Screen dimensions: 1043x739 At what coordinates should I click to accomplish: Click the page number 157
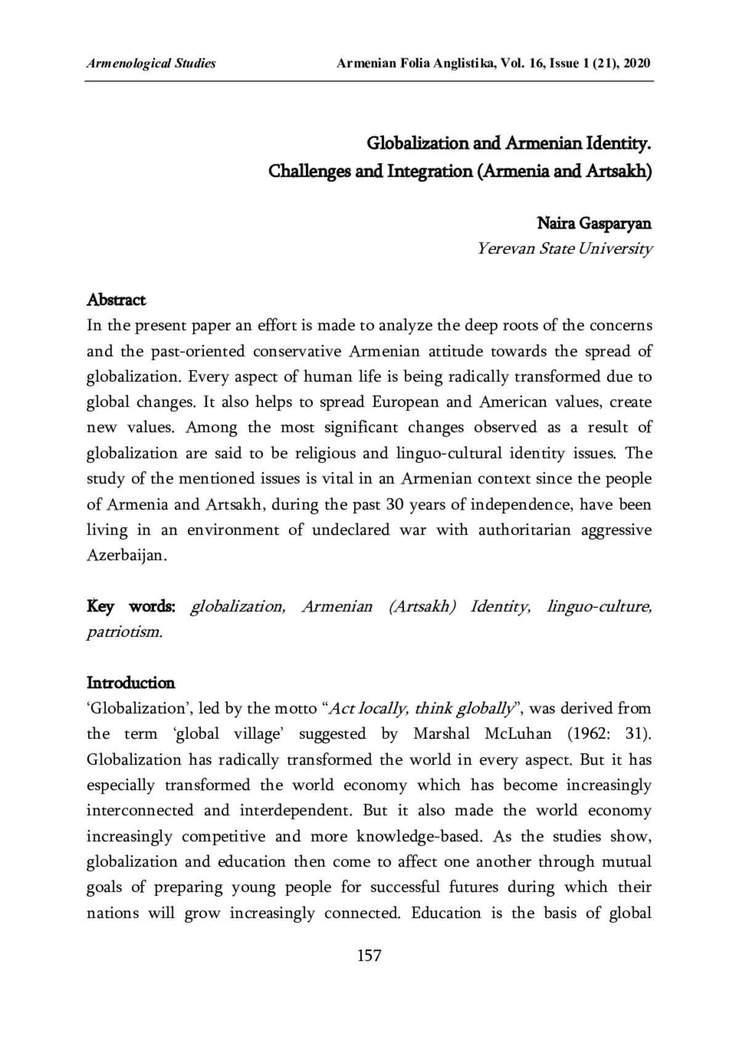click(369, 955)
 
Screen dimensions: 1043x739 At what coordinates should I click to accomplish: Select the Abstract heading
click(116, 300)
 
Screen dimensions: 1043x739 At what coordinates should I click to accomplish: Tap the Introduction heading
click(131, 683)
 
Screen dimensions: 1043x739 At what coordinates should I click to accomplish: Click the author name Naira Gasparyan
click(594, 223)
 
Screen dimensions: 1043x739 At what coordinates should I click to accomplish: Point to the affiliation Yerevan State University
click(564, 249)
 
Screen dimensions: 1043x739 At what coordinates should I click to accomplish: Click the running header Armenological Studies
click(151, 63)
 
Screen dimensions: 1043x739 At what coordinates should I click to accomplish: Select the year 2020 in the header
click(637, 63)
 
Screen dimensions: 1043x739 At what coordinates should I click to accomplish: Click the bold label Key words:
click(131, 606)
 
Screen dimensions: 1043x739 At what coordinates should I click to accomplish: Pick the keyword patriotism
click(124, 632)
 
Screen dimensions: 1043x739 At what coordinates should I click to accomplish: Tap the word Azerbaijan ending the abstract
click(126, 555)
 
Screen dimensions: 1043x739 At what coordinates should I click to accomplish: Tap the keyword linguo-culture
click(599, 606)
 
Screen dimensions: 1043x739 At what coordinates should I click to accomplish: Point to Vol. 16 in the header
click(519, 63)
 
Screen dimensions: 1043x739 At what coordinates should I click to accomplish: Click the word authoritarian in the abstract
click(525, 530)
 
